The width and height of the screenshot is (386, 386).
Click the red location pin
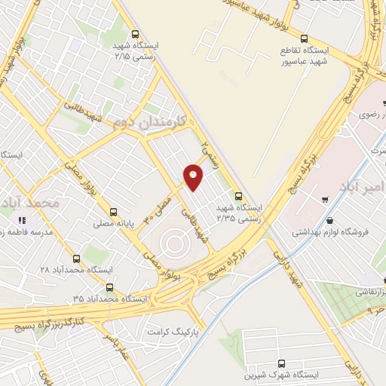click(x=194, y=176)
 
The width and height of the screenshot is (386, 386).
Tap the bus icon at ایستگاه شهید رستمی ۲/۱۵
click(x=135, y=33)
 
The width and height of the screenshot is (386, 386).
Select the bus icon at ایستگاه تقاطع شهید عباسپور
click(x=305, y=38)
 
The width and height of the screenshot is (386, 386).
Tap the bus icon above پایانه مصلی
click(x=114, y=212)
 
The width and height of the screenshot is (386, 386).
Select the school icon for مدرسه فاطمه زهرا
click(x=22, y=219)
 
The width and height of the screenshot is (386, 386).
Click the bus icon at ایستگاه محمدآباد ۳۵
click(x=110, y=287)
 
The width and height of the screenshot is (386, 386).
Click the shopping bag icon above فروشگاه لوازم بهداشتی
click(x=324, y=200)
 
